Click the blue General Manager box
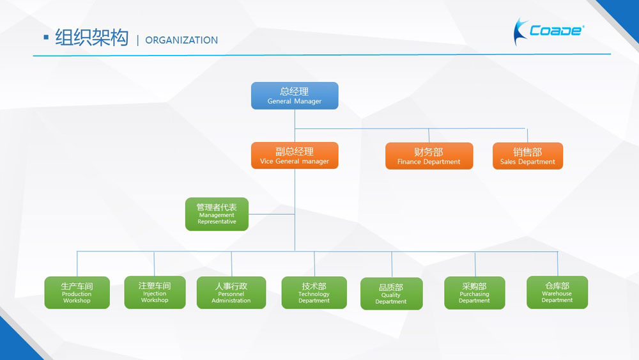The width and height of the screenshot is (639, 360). click(295, 96)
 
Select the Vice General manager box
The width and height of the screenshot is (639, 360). click(295, 155)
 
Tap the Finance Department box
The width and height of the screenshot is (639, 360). click(429, 156)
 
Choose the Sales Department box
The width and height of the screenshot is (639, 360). click(528, 156)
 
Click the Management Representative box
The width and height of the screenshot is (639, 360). click(217, 214)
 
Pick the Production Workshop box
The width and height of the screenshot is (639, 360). click(77, 292)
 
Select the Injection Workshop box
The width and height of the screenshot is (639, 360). click(155, 292)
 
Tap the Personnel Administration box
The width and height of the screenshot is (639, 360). click(231, 292)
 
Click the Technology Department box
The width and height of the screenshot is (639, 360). click(314, 292)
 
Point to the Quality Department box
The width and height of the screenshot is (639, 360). click(391, 293)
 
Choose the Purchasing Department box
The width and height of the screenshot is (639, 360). click(474, 293)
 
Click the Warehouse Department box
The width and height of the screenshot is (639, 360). click(557, 292)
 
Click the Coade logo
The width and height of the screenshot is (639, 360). click(548, 31)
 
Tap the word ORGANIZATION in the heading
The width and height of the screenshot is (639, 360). click(181, 40)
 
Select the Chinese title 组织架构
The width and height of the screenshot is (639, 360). click(91, 38)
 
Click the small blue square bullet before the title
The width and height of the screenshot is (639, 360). click(46, 38)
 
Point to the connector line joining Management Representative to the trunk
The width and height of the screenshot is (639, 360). click(272, 214)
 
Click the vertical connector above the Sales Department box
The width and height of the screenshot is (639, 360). click(527, 136)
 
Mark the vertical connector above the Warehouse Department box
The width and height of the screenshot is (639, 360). click(557, 264)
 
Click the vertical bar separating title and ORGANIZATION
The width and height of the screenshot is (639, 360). click(138, 40)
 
